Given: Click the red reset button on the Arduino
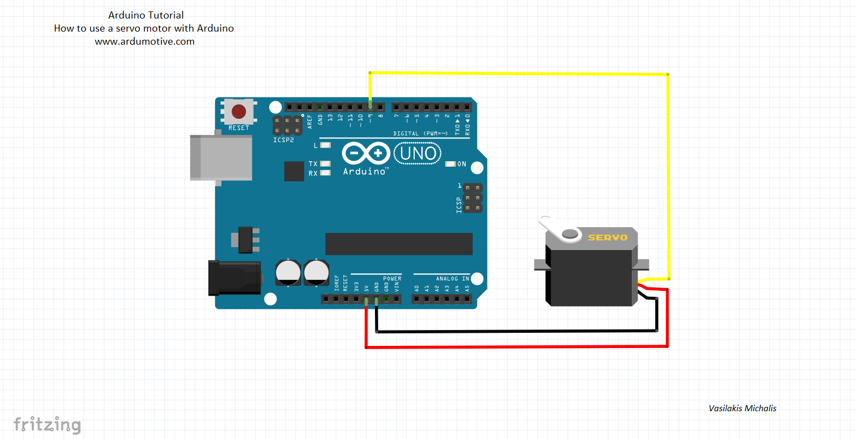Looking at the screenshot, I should pos(238,112).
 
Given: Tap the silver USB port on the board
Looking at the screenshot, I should pos(221,157).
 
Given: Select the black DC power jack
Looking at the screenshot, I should pos(235,278).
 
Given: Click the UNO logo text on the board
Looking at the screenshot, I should pos(417,154).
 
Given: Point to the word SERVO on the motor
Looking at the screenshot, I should pos(607,237).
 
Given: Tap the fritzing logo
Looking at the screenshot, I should pos(47,424).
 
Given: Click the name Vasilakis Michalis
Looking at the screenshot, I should pos(742,408).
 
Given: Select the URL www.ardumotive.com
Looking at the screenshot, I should pos(144,41).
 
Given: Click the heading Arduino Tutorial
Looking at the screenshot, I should pos(146,15).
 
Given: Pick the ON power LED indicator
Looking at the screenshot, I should pos(450,164).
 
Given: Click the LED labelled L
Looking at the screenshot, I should pos(325,145).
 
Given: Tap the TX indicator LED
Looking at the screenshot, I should pos(325,163).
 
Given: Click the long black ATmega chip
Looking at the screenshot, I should pos(398,244).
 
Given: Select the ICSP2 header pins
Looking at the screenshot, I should pos(287,125).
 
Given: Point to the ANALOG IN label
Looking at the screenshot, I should pos(452,279).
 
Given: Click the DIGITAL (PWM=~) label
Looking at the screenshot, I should pos(420,133).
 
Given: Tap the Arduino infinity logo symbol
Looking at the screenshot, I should pos(366,154).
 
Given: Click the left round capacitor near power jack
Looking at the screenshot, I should pos(288,272).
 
